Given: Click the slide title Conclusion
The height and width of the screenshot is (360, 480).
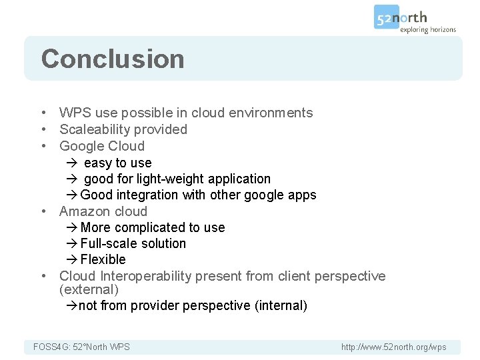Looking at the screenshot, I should point(112,59).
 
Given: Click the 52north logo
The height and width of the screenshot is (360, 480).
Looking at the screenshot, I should point(401,17).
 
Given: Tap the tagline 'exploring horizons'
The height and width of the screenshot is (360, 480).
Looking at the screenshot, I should point(427,29).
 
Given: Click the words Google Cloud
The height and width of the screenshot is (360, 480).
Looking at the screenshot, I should point(101,146).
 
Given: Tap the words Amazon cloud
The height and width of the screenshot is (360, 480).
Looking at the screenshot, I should point(103,211).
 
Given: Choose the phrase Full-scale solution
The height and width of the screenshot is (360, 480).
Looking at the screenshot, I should point(133,243).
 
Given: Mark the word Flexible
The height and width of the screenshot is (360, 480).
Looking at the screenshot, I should point(103,259).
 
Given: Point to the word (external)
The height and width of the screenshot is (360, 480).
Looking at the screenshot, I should point(89,290).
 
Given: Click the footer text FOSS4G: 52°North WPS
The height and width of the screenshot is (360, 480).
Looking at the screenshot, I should point(81,347).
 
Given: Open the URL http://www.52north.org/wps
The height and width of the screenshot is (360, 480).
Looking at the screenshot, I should point(393,347).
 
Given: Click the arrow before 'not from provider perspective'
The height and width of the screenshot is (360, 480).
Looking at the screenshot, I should point(71,306).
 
